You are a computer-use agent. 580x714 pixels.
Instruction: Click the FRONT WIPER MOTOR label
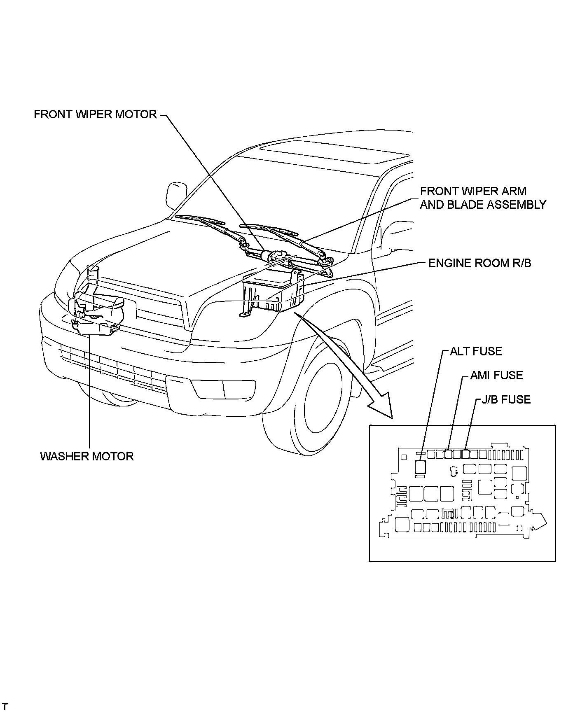click(95, 114)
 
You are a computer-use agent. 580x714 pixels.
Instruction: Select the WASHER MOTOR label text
click(87, 456)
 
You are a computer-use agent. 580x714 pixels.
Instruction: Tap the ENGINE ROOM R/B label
click(479, 263)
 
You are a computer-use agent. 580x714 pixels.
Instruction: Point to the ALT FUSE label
click(476, 351)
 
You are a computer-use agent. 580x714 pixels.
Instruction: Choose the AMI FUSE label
click(496, 375)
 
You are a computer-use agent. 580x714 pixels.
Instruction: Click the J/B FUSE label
click(506, 399)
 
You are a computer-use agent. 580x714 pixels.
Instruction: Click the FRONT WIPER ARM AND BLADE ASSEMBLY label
click(483, 198)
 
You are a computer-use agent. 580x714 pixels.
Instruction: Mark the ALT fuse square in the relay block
click(420, 467)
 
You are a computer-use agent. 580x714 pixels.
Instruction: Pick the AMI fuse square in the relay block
click(449, 454)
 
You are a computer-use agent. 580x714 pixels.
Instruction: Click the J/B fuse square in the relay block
click(465, 454)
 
